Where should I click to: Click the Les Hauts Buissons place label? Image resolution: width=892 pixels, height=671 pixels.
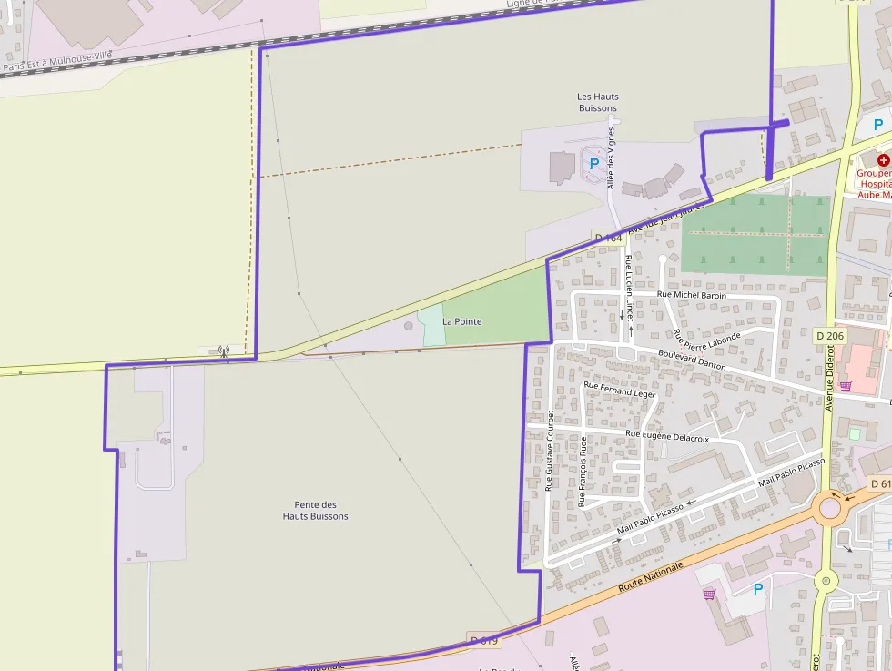coord(597,102)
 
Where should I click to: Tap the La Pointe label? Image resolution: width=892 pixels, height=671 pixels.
coord(462,321)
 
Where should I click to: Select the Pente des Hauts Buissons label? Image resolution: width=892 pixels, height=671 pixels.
coord(315,510)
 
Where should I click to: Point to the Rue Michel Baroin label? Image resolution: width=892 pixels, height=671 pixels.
coord(692,295)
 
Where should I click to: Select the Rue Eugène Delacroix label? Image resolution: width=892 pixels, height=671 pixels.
coord(667,437)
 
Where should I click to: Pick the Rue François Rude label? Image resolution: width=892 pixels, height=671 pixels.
coord(583,472)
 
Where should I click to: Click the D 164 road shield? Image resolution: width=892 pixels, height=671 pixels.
coord(608,238)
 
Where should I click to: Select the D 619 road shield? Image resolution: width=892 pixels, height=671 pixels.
coord(485,641)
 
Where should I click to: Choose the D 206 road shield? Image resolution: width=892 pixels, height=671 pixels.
coord(830,336)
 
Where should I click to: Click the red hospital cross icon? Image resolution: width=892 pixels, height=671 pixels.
coord(883,159)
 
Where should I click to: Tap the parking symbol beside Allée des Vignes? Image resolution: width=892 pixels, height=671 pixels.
coord(594,164)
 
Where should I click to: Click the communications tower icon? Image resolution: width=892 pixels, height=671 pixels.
coord(223,350)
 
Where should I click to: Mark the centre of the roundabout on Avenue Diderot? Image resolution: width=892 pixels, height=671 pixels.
coord(829,507)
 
